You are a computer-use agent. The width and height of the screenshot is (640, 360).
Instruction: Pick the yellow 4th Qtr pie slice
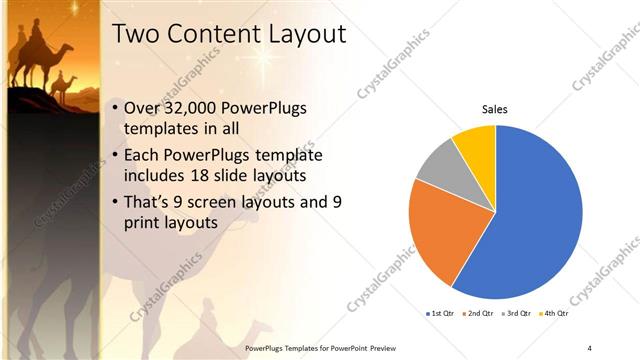[476, 145]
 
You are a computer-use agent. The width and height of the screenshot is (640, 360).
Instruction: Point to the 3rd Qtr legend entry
[516, 313]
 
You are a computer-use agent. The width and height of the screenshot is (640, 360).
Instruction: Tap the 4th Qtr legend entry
[554, 313]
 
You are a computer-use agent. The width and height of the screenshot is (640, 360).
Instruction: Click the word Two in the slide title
[137, 33]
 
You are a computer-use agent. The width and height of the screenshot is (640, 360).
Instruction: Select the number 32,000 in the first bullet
[200, 108]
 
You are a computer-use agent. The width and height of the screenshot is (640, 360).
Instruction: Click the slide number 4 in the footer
[589, 347]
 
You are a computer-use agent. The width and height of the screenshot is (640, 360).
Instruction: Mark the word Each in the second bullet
[143, 155]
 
